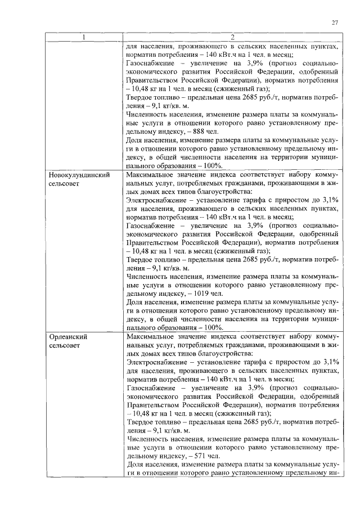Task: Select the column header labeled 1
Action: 83,38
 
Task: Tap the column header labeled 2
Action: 232,38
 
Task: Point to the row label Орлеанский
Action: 67,336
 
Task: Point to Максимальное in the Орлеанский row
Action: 150,336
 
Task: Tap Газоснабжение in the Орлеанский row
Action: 152,389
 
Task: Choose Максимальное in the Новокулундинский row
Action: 150,175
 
